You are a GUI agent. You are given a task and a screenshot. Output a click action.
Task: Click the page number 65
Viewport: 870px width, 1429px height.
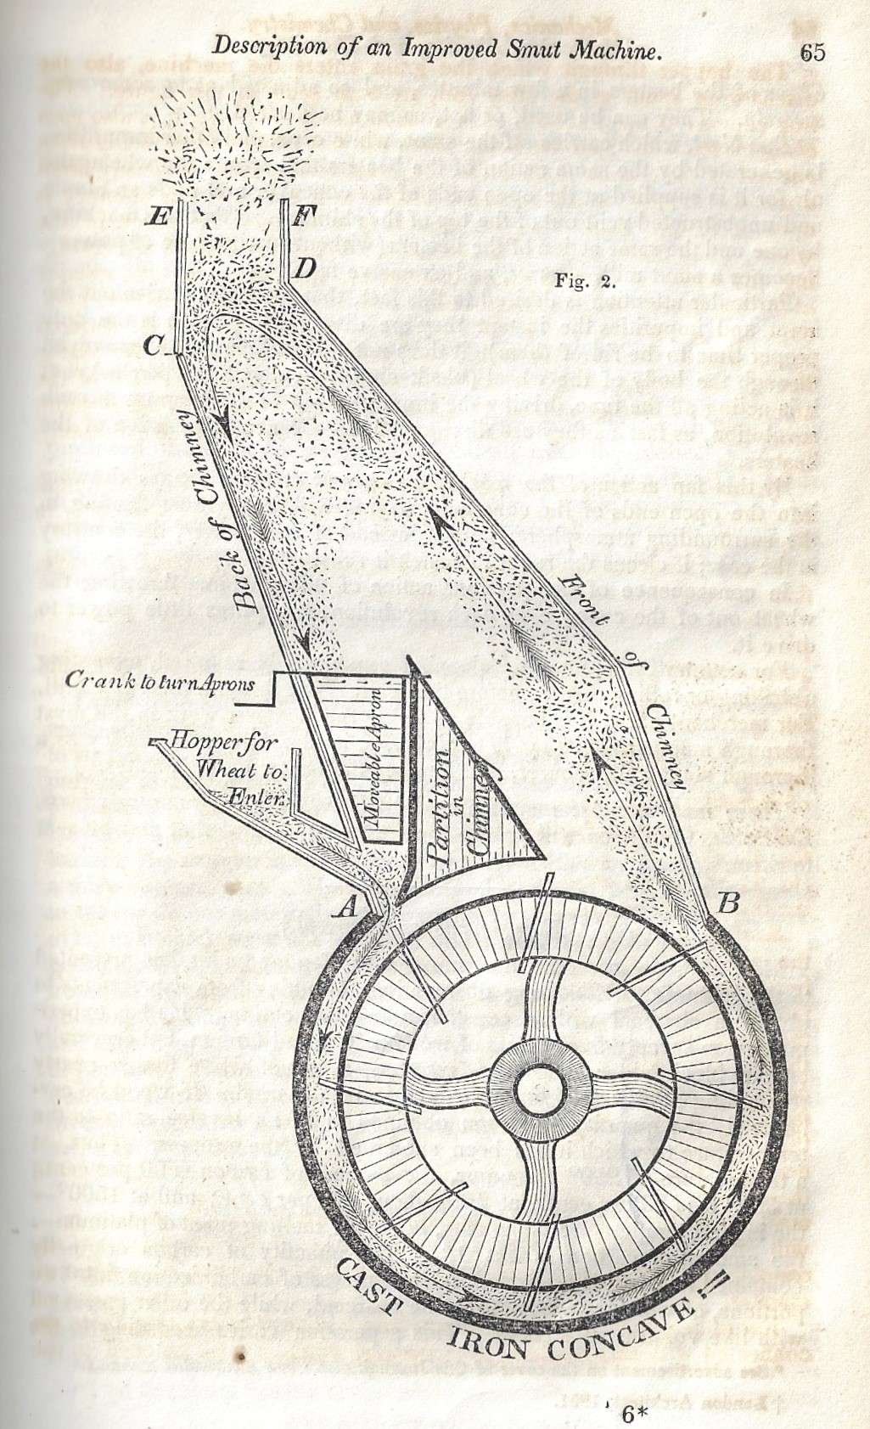click(x=811, y=52)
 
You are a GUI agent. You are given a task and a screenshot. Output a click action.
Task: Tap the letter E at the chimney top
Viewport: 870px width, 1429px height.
click(x=157, y=216)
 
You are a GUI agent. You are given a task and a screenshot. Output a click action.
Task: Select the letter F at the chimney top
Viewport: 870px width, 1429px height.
click(x=299, y=216)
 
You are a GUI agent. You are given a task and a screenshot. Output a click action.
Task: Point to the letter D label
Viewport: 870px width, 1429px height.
click(x=306, y=269)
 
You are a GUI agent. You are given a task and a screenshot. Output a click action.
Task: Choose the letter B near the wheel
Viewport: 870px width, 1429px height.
click(x=727, y=904)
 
